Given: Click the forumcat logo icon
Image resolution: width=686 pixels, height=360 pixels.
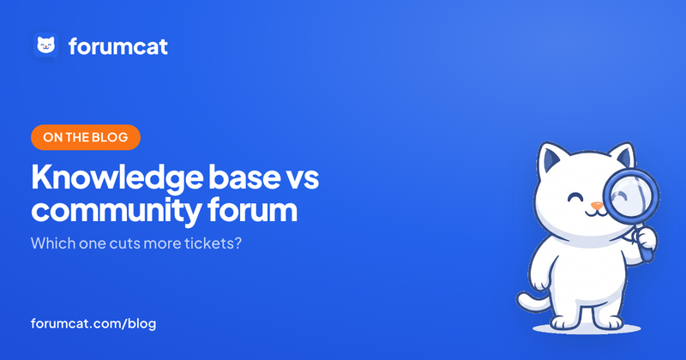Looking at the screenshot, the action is tap(46, 45).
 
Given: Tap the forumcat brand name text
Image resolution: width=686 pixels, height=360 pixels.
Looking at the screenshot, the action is tap(118, 47).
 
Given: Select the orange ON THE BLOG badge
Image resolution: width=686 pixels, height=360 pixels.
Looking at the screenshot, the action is tap(86, 137).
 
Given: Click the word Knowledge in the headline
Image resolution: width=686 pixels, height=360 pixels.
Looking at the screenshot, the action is tap(117, 178).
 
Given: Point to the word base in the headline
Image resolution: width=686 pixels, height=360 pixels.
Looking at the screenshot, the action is tap(244, 177).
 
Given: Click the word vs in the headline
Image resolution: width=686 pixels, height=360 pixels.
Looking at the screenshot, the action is tap(303, 180).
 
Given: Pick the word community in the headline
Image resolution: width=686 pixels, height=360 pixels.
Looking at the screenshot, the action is tap(117, 212).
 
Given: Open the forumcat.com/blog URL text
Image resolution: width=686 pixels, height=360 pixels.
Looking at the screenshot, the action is tap(93, 324).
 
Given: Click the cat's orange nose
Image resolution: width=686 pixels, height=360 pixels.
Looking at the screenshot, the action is tap(596, 205).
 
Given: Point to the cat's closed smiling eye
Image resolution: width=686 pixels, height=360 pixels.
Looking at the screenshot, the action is tap(576, 198).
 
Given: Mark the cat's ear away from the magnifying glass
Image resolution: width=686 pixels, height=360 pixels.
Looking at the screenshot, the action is tap(551, 159).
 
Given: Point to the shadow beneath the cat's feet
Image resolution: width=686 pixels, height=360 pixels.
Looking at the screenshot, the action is tap(587, 328).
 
